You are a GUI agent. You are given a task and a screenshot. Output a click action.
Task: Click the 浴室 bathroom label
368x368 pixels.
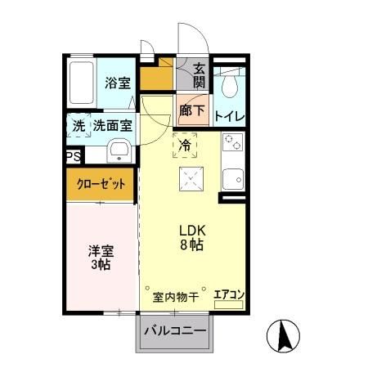[118, 82]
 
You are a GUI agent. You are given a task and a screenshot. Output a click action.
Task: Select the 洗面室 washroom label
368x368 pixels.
[114, 127]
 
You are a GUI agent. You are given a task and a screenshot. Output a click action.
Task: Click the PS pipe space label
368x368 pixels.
[73, 156]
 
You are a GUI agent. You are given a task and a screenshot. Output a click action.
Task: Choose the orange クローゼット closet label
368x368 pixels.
[102, 184]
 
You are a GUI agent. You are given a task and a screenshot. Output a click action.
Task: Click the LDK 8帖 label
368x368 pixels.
[191, 237]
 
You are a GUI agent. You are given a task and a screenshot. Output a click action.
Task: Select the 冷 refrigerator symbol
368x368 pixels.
[185, 146]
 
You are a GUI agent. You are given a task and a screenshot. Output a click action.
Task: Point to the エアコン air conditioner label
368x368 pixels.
[229, 294]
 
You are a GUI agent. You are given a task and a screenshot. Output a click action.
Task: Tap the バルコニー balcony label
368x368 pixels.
[175, 333]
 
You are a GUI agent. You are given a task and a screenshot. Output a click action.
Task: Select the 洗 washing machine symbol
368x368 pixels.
[79, 127]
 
